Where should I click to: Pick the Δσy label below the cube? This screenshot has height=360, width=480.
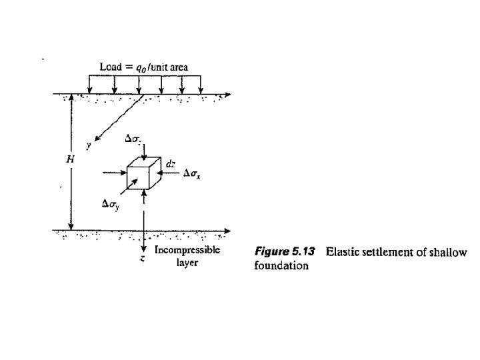[111, 205]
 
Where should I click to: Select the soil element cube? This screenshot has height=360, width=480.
[143, 173]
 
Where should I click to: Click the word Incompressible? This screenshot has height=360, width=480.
[187, 251]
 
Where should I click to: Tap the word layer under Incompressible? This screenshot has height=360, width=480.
[187, 263]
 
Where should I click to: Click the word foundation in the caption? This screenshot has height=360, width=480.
[281, 265]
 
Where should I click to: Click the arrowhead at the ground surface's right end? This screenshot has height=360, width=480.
[229, 94]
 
